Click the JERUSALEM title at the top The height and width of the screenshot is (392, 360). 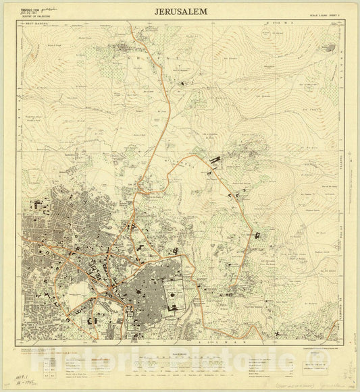click(180, 12)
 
